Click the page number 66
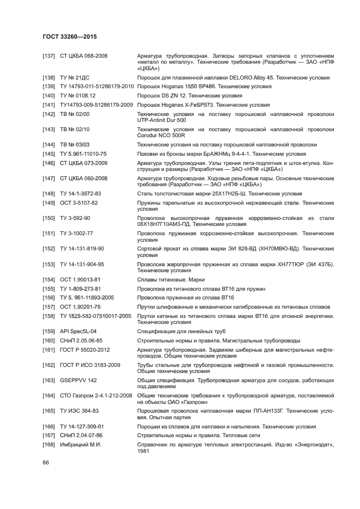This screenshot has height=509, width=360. click(46, 462)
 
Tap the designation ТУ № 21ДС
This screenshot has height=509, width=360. click(75, 78)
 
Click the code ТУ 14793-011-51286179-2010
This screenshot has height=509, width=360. click(97, 87)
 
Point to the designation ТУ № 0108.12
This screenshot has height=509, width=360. click(78, 96)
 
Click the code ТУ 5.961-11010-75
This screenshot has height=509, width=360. click(84, 154)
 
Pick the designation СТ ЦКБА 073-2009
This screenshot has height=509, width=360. click(84, 163)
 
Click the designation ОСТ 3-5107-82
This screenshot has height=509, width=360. click(79, 203)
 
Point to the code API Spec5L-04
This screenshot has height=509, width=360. click(78, 331)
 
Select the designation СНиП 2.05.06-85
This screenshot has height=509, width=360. click(81, 340)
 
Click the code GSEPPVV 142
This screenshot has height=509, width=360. click(78, 380)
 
